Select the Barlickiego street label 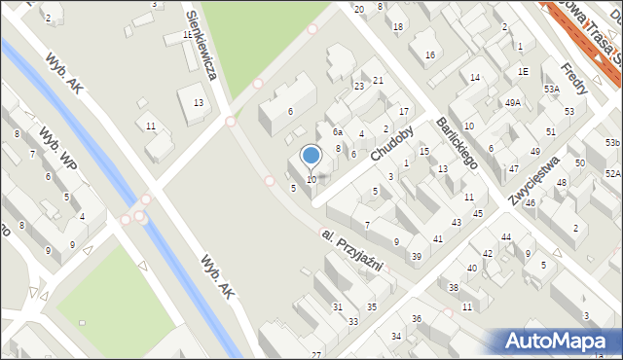[455, 144]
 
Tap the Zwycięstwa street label [536, 180]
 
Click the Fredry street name [574, 77]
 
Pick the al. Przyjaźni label [352, 251]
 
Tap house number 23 [358, 87]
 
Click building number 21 [378, 80]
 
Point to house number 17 [403, 111]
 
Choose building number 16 [429, 55]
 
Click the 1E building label [523, 71]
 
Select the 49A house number [512, 102]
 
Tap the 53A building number [551, 89]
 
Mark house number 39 [416, 256]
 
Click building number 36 [416, 319]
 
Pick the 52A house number [612, 173]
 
